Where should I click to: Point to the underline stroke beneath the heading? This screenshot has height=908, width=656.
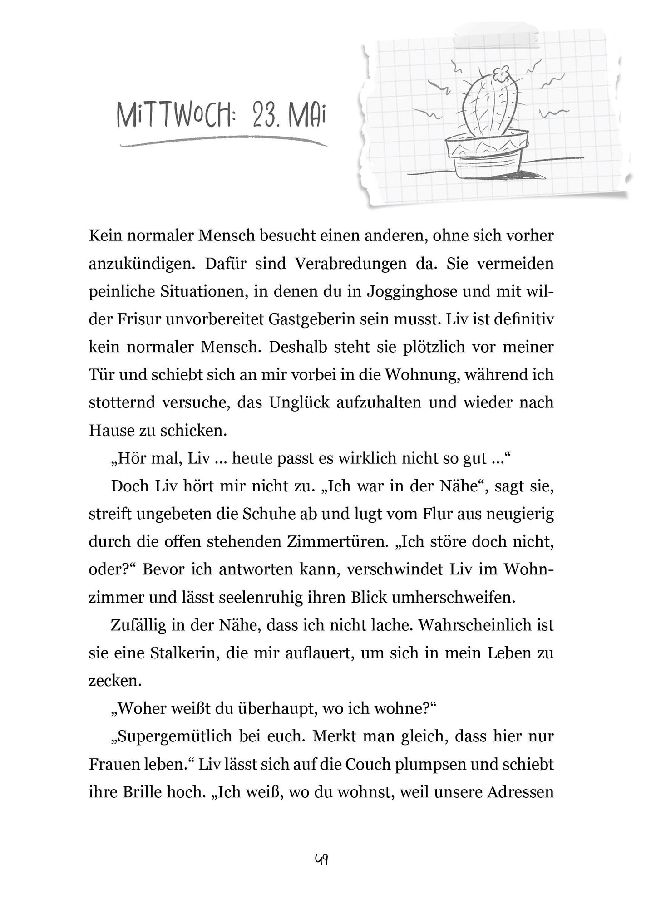click(222, 143)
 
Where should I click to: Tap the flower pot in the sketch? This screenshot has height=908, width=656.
click(486, 155)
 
